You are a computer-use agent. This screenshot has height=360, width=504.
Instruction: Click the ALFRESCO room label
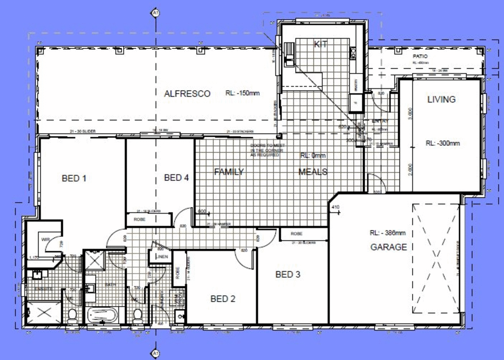coord(187,94)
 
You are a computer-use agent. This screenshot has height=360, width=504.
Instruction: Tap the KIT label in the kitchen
coord(320,44)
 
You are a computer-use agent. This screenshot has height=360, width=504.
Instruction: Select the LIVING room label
coord(441,99)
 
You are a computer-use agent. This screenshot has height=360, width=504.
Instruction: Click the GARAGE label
coord(388,247)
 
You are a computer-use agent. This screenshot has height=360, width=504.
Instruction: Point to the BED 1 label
coord(74,178)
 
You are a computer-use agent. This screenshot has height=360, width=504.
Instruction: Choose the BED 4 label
coord(176,177)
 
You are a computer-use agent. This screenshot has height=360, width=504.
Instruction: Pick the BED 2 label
coord(223,299)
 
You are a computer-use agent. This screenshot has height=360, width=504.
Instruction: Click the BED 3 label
coord(288,275)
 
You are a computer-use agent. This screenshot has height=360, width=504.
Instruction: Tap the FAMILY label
coord(229,172)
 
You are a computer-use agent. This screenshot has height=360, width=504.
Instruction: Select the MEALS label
coord(313,172)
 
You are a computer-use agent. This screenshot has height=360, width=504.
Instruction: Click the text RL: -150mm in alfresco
coord(242,93)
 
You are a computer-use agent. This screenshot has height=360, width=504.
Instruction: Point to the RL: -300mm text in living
coord(443,143)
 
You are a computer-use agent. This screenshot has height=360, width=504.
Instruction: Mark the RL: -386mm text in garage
coord(387,233)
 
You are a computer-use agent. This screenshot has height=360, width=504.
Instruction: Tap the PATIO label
coord(420,56)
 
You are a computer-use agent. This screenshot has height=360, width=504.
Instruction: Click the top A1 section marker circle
coord(155,13)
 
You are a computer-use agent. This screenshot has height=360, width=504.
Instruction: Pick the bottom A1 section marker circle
coord(155,353)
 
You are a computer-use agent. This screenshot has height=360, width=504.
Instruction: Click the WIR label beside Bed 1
coord(45,240)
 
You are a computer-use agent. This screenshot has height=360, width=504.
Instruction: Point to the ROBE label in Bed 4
coord(139,219)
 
